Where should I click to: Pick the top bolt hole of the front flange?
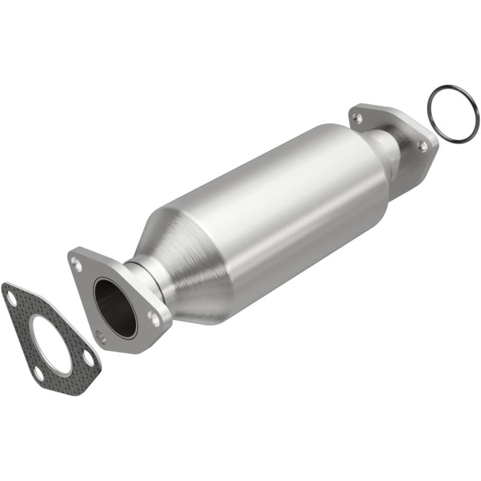(75, 262)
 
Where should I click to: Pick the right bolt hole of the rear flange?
(423, 146)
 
